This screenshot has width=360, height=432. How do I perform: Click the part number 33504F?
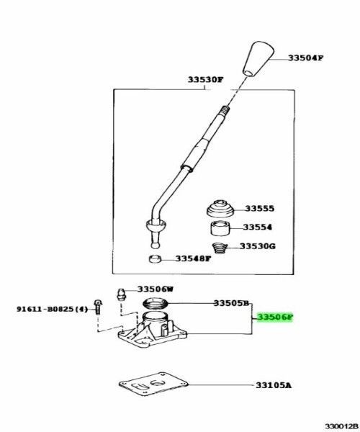305,58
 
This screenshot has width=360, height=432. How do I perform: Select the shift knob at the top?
258,59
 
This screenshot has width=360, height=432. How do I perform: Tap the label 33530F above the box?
205,80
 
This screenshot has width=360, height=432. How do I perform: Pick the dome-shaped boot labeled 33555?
220,209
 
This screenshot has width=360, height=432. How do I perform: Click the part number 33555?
259,209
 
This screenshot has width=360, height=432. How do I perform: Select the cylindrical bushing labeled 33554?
220,228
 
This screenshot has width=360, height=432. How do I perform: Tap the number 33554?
257,227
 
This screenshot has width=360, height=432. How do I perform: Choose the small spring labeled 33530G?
220,248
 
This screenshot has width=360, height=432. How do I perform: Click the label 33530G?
257,246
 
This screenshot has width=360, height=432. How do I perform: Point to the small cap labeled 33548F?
155,259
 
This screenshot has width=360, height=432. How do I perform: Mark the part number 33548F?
194,259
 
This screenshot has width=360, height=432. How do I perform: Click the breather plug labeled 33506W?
120,294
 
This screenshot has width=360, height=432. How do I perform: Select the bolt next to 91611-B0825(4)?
97,307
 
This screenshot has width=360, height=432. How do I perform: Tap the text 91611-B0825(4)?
53,309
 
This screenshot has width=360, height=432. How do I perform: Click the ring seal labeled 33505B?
155,304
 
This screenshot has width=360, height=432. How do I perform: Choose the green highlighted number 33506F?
275,318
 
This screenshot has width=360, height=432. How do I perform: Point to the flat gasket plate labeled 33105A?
153,383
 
